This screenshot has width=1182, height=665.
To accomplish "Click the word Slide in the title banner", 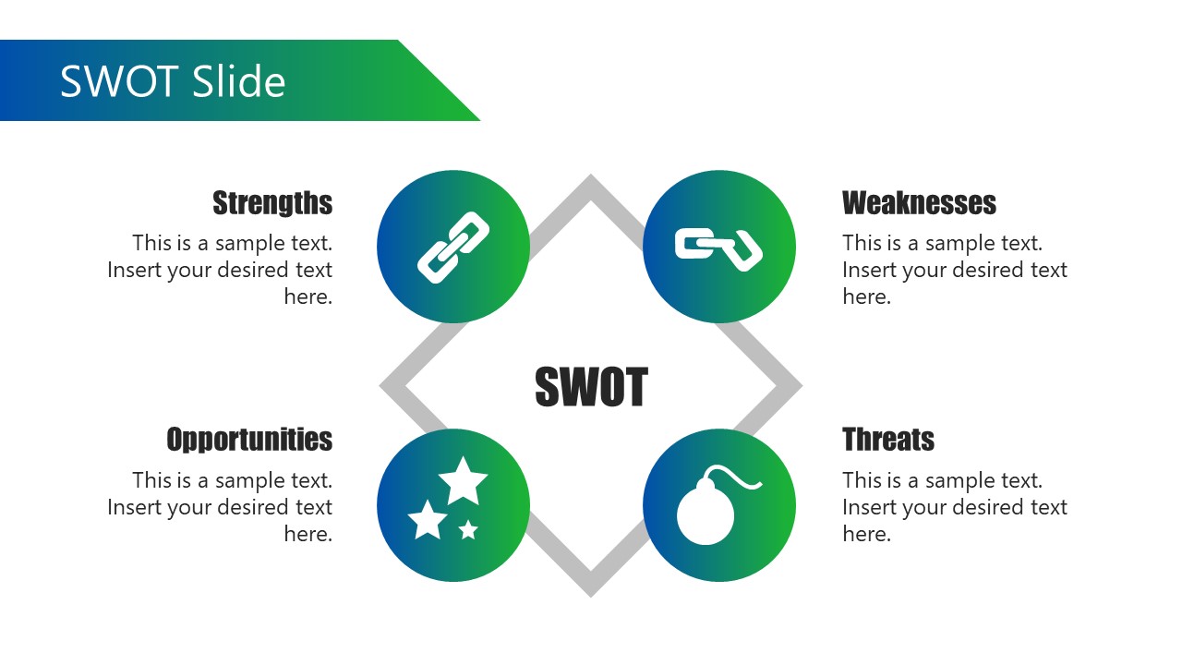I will [239, 82].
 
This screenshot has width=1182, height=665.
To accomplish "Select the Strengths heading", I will [272, 203].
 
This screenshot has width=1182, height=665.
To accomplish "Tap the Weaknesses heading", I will [919, 203].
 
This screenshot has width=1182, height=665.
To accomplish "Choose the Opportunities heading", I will [249, 440].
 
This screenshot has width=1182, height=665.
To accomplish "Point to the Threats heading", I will [888, 440].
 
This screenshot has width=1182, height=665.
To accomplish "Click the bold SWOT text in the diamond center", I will [591, 387].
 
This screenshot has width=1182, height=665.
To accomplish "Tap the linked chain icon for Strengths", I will [453, 247].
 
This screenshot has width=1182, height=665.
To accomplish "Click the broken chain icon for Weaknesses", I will [718, 247].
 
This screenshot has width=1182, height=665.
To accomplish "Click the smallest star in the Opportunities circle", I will [468, 529].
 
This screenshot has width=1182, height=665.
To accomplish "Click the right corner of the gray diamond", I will [796, 386].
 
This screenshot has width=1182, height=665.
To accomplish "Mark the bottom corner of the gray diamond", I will [591, 591].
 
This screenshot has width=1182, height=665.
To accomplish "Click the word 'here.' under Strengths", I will [308, 297].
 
